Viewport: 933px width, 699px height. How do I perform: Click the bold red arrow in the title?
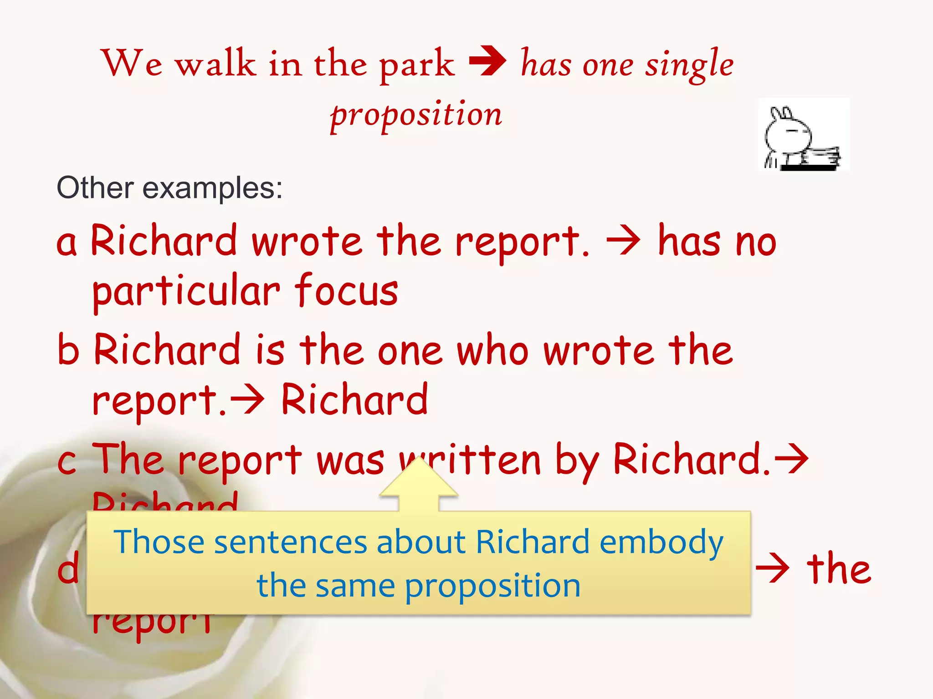[487, 61]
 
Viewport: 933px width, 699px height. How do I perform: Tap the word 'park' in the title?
[417, 65]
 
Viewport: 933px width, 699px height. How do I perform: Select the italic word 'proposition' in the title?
[416, 115]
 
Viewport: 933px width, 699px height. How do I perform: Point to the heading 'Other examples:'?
[169, 187]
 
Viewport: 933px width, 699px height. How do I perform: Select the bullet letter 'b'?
[68, 349]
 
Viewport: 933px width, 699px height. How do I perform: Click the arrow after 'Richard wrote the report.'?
[623, 241]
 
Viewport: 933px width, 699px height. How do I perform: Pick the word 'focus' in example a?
[346, 290]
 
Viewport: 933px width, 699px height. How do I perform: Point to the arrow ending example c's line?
[792, 459]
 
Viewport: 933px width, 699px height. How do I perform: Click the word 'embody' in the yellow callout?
[661, 543]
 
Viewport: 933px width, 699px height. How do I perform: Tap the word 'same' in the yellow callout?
[355, 586]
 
